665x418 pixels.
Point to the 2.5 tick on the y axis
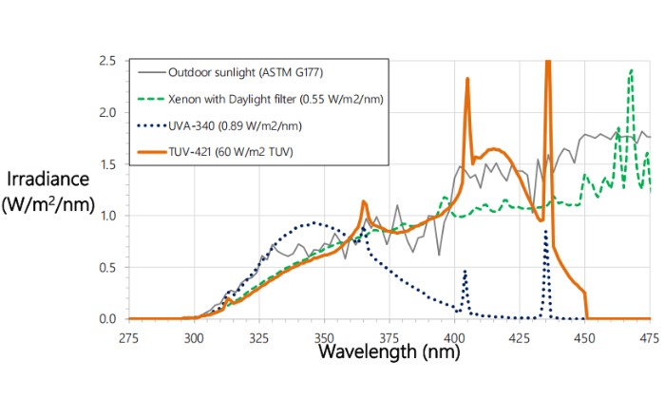[x=108, y=61]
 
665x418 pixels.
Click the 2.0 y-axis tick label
[x=108, y=113]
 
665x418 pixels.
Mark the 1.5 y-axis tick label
[x=108, y=164]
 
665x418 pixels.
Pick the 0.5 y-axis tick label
[x=108, y=267]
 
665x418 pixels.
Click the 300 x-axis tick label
[x=194, y=337]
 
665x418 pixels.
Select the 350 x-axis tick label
[x=324, y=337]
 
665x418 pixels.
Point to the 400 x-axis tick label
[x=455, y=337]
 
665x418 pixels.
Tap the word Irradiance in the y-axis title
[x=47, y=179]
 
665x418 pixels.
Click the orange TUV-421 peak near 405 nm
[x=467, y=80]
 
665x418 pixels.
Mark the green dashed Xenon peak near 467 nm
[x=631, y=70]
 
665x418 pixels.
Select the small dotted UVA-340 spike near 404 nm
[x=465, y=272]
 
